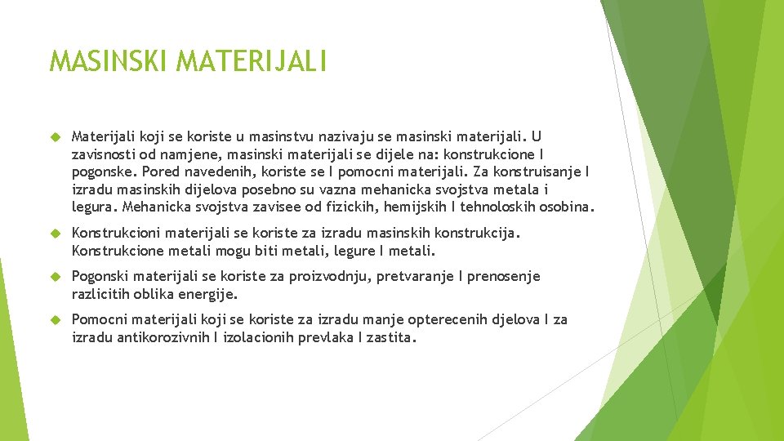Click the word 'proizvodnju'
329,276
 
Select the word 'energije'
211,294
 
